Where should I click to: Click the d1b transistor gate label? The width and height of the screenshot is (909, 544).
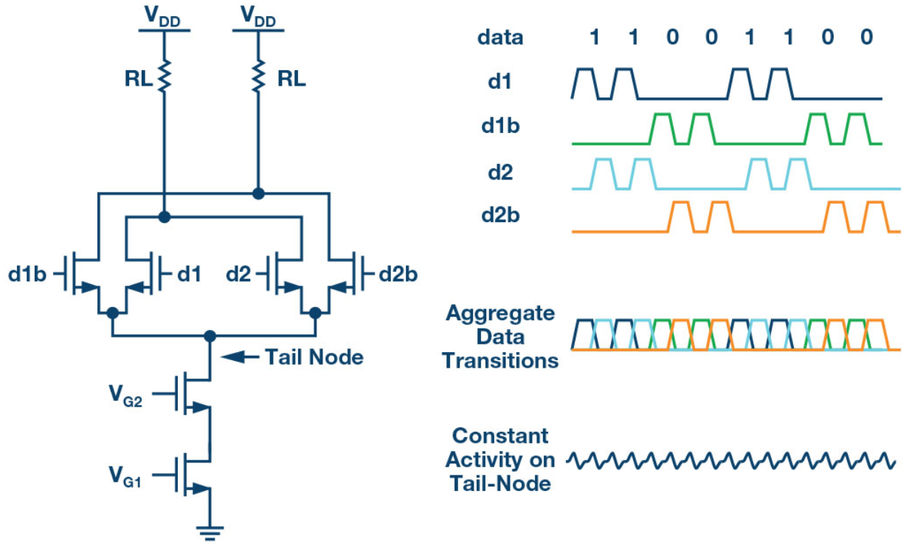[28, 275]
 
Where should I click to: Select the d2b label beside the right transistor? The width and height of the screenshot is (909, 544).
[398, 275]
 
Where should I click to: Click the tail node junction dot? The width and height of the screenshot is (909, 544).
[210, 336]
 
